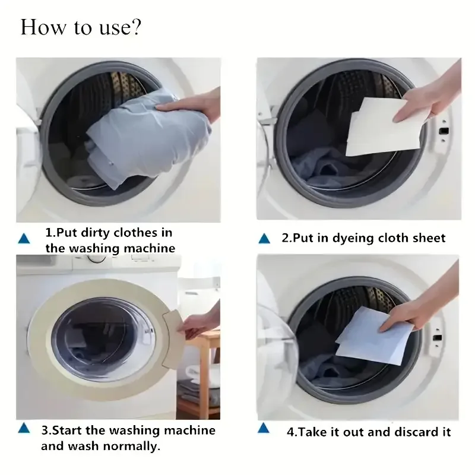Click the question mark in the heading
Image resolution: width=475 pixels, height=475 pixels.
[x=135, y=28]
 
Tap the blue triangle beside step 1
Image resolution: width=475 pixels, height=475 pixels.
[x=24, y=239]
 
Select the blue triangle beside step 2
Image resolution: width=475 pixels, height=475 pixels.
[x=265, y=239]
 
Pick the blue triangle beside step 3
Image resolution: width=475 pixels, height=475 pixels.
[x=24, y=427]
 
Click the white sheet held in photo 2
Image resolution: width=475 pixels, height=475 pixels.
[x=380, y=128]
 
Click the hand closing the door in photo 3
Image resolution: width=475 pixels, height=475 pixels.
[x=199, y=324]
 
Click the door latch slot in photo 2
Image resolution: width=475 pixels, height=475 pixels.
[x=442, y=130]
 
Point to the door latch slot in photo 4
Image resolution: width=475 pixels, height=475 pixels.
[x=438, y=337]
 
